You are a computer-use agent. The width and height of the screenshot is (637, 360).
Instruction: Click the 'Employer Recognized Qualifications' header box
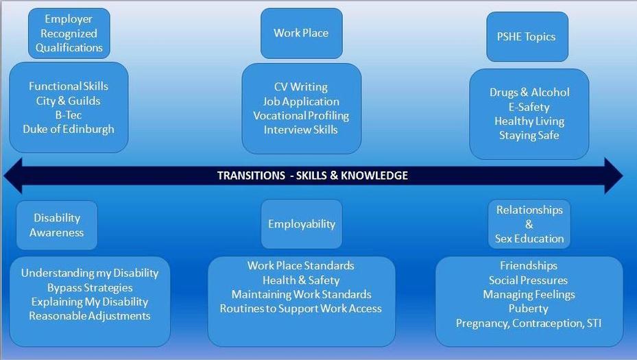tap(69, 34)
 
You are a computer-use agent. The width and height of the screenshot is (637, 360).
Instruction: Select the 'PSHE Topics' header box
tap(527, 36)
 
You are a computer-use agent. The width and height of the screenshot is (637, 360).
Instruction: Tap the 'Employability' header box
tap(302, 224)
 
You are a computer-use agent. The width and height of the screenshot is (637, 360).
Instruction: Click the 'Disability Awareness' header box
tap(57, 225)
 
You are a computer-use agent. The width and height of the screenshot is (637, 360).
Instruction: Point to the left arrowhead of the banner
tap(13, 176)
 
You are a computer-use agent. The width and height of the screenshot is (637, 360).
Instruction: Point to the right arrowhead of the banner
tap(614, 176)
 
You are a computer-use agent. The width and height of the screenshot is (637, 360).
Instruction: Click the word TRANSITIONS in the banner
tap(251, 176)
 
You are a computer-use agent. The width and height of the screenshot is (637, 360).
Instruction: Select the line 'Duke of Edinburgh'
tap(69, 129)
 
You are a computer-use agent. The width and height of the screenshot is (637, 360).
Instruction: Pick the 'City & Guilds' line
tap(69, 101)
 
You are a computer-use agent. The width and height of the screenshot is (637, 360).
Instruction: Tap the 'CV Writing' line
tap(301, 87)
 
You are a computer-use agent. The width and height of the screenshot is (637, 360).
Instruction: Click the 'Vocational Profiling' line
tap(301, 116)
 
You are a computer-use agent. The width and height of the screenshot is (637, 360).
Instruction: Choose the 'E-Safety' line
tap(529, 107)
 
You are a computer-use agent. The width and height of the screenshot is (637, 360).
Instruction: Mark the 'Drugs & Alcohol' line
tap(529, 93)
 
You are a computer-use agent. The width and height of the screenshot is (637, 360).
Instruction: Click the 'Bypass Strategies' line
tap(90, 288)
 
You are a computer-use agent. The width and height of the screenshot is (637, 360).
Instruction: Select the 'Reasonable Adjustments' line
tap(90, 315)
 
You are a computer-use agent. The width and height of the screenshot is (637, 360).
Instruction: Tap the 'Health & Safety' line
tap(301, 280)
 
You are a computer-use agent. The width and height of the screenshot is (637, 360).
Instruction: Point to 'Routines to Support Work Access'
tap(301, 309)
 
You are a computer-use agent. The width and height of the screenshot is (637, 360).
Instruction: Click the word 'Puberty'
tap(529, 309)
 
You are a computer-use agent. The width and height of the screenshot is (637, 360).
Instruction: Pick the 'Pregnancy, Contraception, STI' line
tap(529, 323)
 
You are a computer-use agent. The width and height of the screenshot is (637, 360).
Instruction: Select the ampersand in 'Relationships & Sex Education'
tap(529, 224)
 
